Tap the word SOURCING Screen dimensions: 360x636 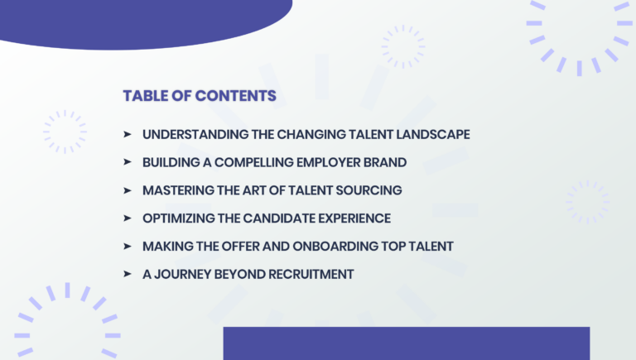pyautogui.click(x=369, y=190)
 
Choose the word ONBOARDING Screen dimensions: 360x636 pyautogui.click(x=325, y=247)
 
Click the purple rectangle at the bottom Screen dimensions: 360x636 pyautogui.click(x=406, y=343)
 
